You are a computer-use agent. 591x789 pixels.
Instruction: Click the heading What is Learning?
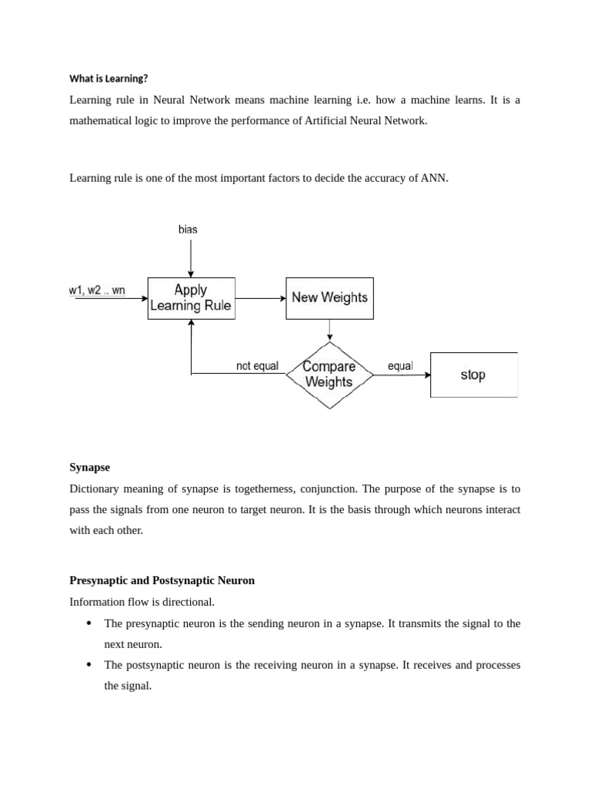109,79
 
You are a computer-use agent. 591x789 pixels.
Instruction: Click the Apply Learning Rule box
191,298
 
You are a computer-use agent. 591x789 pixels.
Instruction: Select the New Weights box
329,298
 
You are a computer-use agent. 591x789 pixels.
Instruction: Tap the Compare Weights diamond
329,374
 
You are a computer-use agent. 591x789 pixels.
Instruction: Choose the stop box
473,375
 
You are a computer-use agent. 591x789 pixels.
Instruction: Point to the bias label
188,230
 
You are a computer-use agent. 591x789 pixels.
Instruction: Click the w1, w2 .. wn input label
97,290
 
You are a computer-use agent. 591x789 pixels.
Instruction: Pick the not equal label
257,366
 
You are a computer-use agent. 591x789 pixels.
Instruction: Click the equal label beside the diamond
400,366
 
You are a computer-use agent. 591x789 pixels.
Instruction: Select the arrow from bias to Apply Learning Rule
191,258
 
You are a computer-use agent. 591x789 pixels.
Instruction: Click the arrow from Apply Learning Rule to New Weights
260,298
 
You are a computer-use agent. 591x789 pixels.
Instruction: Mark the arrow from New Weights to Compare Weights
329,330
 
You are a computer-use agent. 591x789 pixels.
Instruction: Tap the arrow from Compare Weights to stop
402,375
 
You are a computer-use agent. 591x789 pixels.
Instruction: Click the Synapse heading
90,468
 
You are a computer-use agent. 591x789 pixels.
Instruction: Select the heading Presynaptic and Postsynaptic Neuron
162,580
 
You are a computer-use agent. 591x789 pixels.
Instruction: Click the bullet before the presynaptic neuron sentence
90,623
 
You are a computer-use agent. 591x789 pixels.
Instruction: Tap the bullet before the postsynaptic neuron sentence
90,665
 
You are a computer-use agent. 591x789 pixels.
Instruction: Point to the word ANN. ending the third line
434,178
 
